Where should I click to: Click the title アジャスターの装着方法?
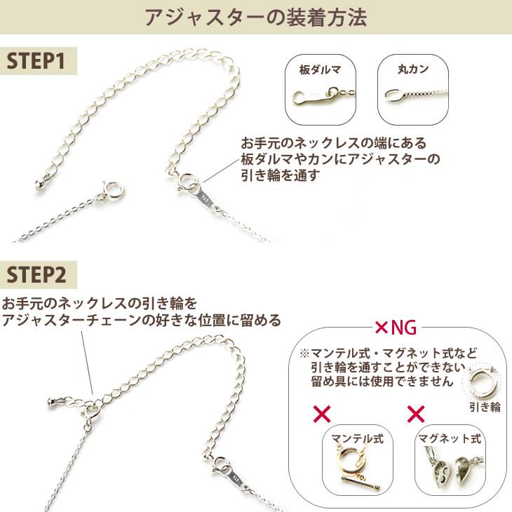[255, 18]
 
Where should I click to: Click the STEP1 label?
[36, 61]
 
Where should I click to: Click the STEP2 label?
[36, 274]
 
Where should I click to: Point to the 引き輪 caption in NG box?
[485, 407]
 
